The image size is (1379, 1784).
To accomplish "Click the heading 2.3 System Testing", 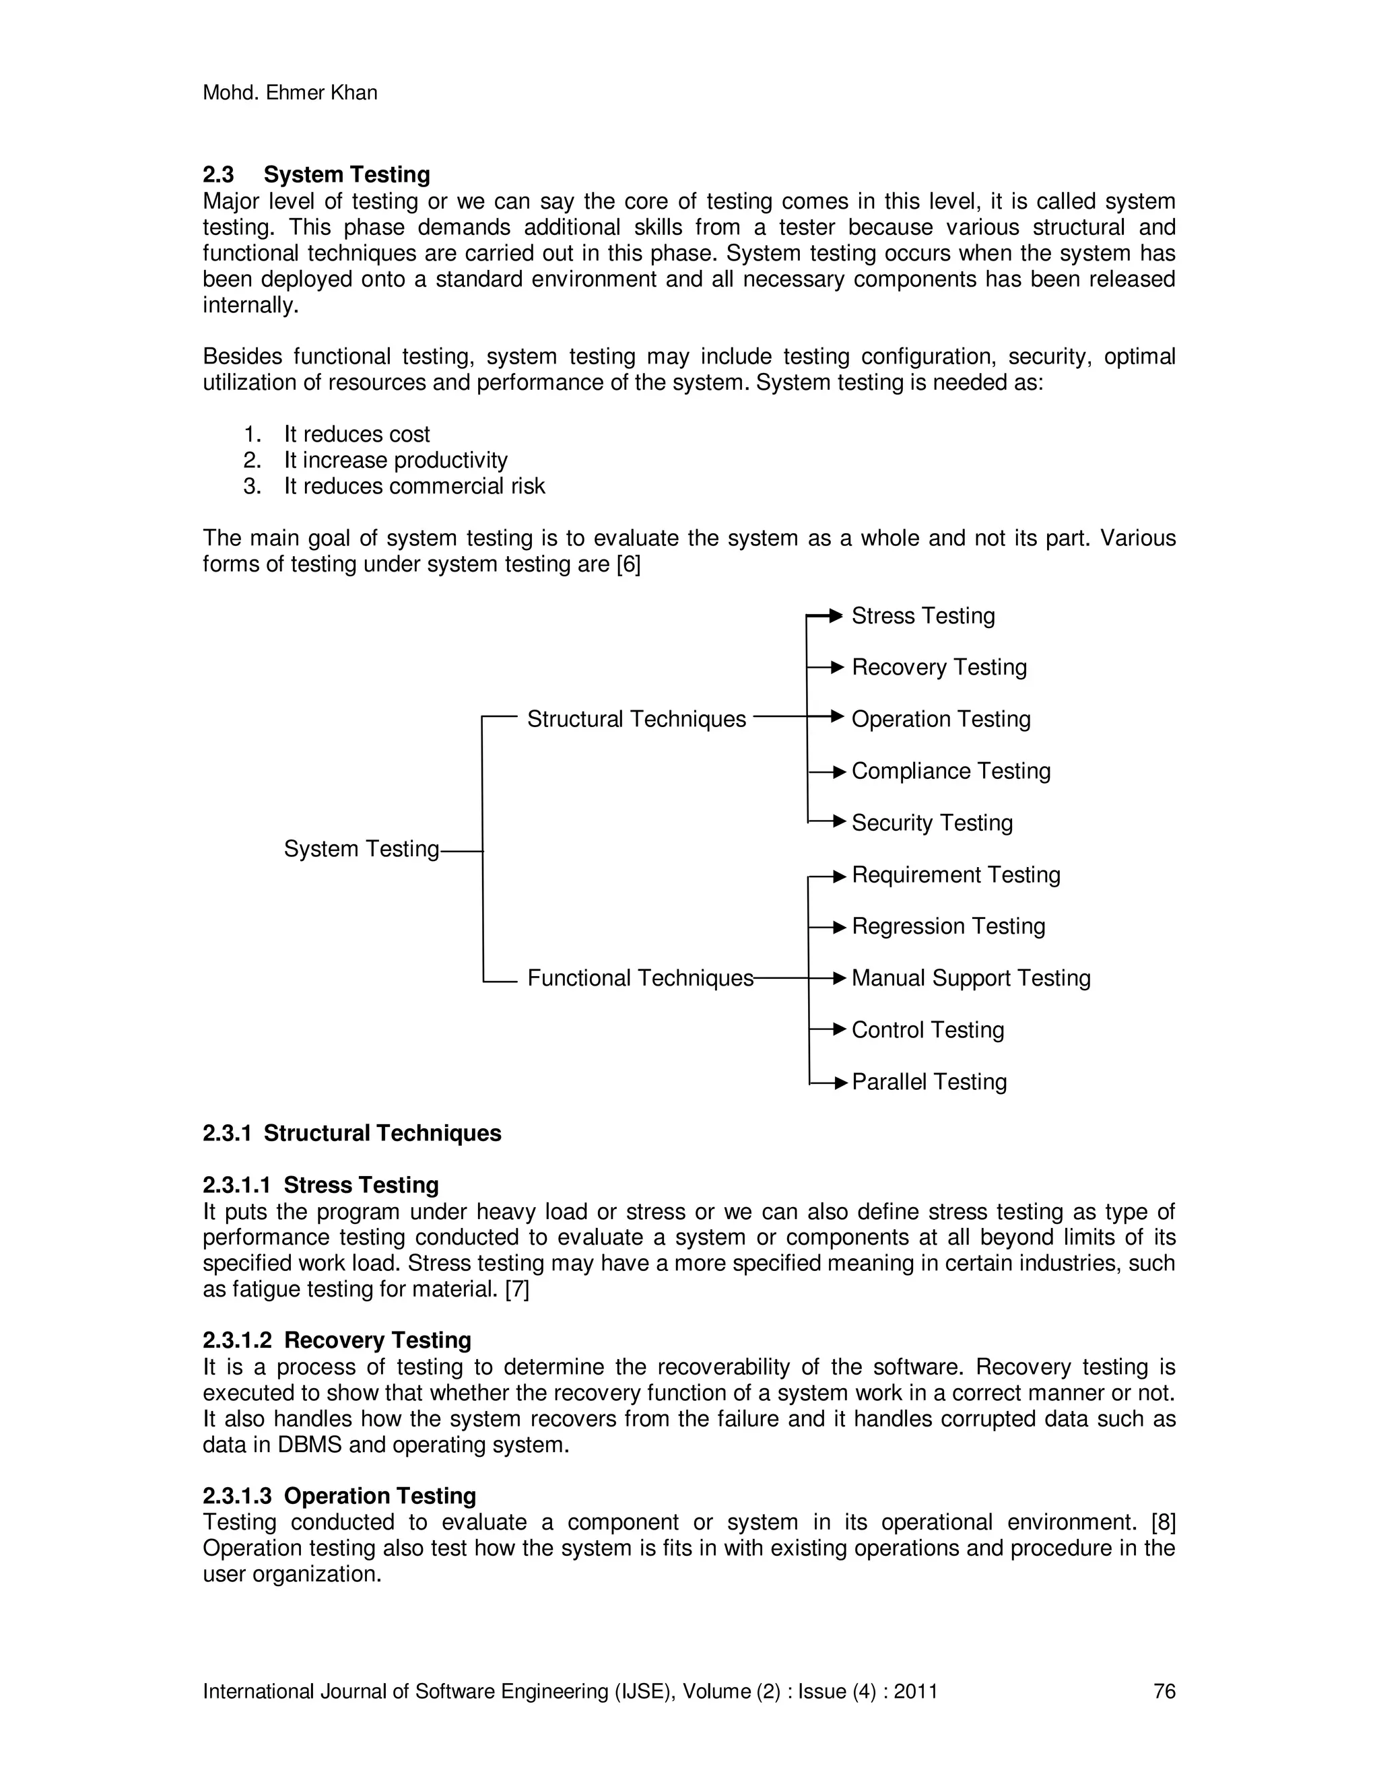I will [316, 175].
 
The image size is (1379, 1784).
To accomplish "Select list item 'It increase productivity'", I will [395, 460].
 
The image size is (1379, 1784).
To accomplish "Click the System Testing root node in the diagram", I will [361, 850].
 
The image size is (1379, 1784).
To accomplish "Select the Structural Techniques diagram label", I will [636, 720].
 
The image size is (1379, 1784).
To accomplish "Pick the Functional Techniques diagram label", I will [640, 979].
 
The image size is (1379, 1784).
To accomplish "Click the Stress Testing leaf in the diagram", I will [922, 616].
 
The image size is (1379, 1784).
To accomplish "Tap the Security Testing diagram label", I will [931, 823].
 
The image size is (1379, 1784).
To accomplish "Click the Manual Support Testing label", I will [970, 979].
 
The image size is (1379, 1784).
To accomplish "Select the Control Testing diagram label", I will [927, 1031].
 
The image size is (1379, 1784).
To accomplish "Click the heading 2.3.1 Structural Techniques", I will [351, 1134].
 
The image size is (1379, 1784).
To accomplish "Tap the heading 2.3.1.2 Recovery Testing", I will [337, 1340].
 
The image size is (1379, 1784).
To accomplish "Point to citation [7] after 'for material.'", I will [517, 1290].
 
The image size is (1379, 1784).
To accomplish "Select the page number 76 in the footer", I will [1164, 1692].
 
